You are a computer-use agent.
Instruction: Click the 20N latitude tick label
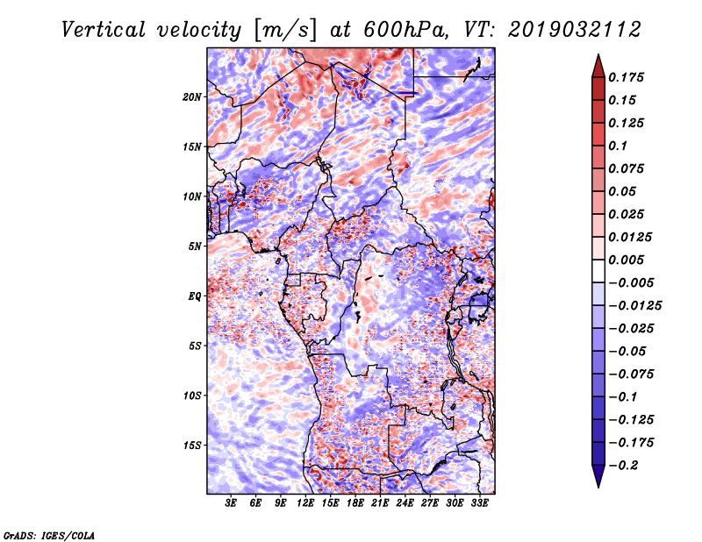tap(192, 97)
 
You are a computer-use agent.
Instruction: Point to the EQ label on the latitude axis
tap(195, 296)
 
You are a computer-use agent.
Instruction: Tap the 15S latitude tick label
tap(192, 446)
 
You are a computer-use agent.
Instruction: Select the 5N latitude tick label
tap(195, 246)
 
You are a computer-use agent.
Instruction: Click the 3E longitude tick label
tap(231, 503)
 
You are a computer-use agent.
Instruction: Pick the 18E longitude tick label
tap(355, 503)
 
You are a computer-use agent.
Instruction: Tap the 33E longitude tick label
tap(479, 503)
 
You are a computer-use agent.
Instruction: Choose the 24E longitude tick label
tap(405, 503)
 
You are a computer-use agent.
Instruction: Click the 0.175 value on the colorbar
tap(626, 77)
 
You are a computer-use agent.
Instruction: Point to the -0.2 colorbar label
tap(623, 466)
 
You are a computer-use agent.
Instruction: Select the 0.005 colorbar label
tap(626, 260)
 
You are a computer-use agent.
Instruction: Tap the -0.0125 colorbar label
tap(634, 306)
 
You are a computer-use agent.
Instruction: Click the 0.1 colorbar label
tap(618, 146)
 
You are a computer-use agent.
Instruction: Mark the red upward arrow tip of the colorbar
tap(598, 54)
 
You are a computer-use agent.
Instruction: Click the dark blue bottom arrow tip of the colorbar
tap(598, 487)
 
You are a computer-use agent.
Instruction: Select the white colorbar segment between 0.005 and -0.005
tap(598, 271)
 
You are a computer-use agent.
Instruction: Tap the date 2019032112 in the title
tap(575, 30)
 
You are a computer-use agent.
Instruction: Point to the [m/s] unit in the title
tap(285, 30)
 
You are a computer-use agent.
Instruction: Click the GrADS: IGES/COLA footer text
tap(49, 535)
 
